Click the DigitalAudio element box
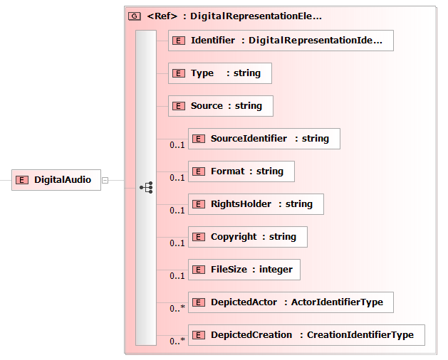56,180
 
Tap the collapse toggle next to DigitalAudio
105,181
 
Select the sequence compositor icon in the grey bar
146,188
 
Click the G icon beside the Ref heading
135,16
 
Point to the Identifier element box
281,41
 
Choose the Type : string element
220,73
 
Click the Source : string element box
221,106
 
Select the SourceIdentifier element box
264,139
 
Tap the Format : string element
241,171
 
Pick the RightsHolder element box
256,204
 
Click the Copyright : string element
248,237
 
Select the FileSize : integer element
244,270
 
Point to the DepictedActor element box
291,302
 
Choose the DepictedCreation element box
306,335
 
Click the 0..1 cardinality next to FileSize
177,276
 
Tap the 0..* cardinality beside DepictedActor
177,308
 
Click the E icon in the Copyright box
199,237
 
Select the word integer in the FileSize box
276,270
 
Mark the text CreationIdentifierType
360,335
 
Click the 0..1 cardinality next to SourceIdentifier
177,144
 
